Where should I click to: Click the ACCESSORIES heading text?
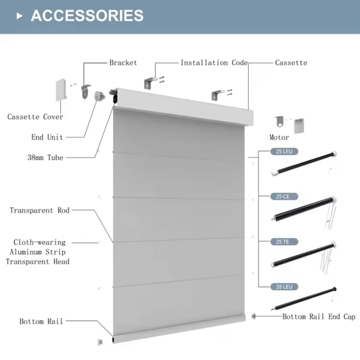click(x=87, y=16)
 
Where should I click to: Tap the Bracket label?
click(x=123, y=63)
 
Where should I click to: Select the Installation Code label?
click(x=214, y=63)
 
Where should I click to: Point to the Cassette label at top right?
click(x=291, y=63)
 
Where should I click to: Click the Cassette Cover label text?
click(x=35, y=117)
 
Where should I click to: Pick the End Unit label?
click(x=47, y=137)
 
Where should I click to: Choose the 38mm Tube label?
click(x=45, y=157)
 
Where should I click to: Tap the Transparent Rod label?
click(x=39, y=210)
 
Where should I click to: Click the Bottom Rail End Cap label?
click(x=319, y=316)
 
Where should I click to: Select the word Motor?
click(x=279, y=137)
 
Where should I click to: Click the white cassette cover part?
click(x=61, y=90)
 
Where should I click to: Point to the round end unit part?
click(x=100, y=96)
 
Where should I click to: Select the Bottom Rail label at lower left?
click(x=41, y=321)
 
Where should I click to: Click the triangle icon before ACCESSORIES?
click(x=19, y=16)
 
